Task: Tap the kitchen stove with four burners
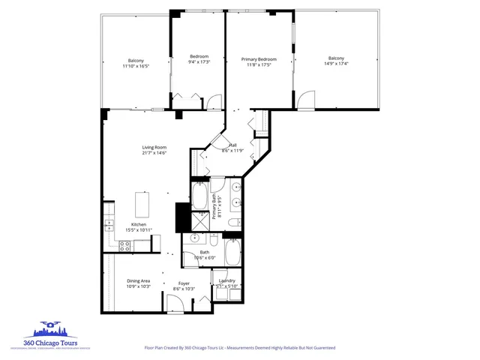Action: point(109,223)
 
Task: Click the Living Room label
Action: point(154,147)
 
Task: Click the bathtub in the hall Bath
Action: point(233,252)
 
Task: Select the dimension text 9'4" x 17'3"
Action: point(198,64)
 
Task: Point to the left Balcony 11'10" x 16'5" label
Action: point(136,63)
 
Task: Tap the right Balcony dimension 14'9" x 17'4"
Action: point(336,64)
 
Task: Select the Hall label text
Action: point(233,145)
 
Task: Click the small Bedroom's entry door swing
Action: point(214,102)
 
